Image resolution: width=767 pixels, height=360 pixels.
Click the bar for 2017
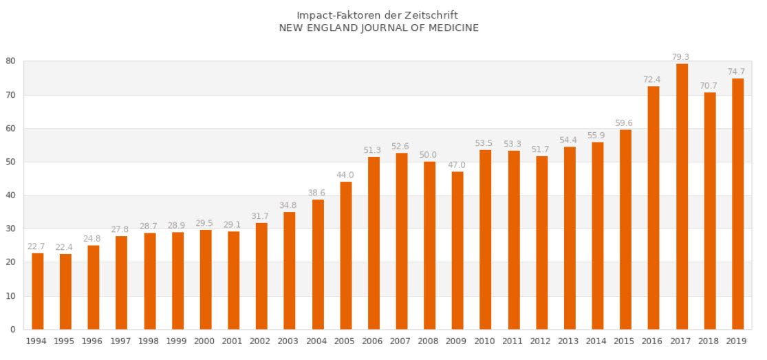(682, 196)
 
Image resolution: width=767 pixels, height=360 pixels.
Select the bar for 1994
(38, 291)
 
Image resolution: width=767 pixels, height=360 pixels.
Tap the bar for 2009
(457, 250)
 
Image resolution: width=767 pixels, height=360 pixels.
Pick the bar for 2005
(345, 255)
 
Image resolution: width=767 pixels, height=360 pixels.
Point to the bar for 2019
(737, 204)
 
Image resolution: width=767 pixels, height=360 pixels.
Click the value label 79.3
(682, 57)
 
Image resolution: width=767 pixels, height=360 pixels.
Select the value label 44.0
(345, 175)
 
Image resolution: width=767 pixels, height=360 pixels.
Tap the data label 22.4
(65, 247)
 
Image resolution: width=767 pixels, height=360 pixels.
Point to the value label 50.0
(429, 155)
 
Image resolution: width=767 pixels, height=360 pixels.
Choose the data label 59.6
(625, 123)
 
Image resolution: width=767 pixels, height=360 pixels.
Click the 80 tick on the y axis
(11, 61)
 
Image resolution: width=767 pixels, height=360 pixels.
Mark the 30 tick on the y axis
(11, 229)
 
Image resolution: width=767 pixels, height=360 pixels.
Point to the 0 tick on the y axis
(13, 330)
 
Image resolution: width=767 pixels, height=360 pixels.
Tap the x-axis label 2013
(570, 341)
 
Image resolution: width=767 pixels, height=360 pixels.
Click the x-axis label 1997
(121, 341)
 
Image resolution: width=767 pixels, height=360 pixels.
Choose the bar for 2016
(653, 207)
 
